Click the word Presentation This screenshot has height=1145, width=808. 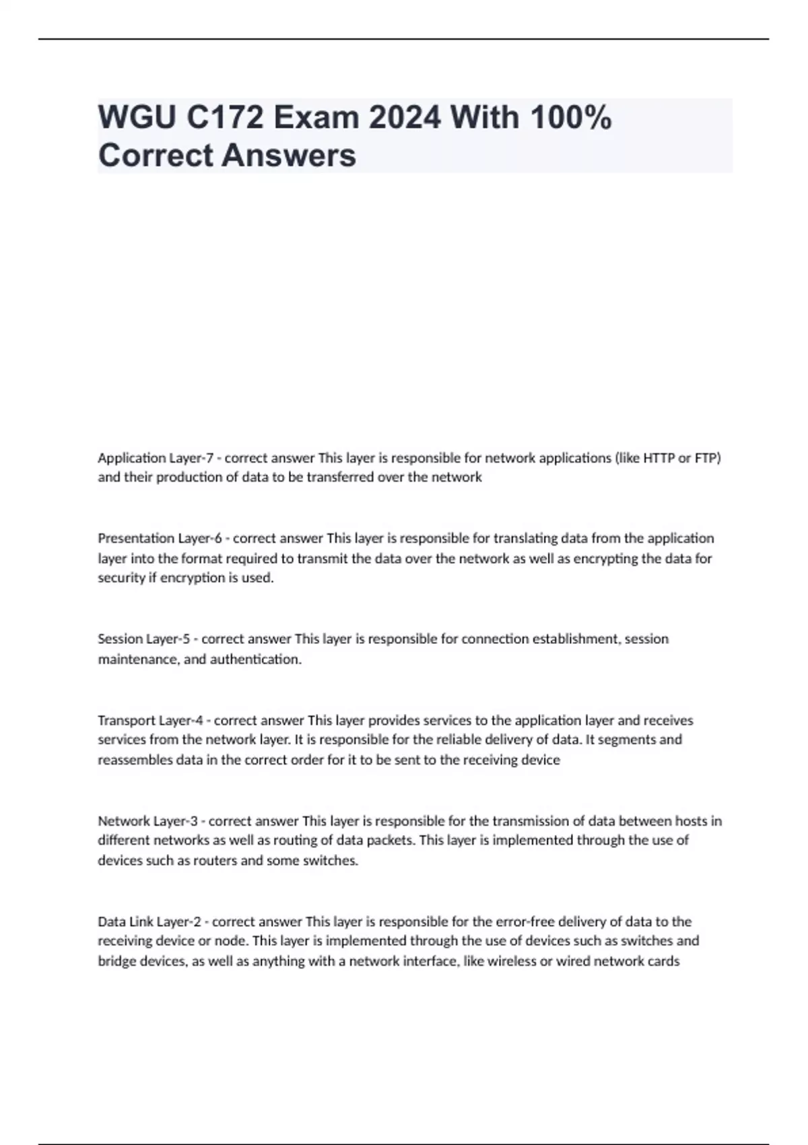tap(136, 538)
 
